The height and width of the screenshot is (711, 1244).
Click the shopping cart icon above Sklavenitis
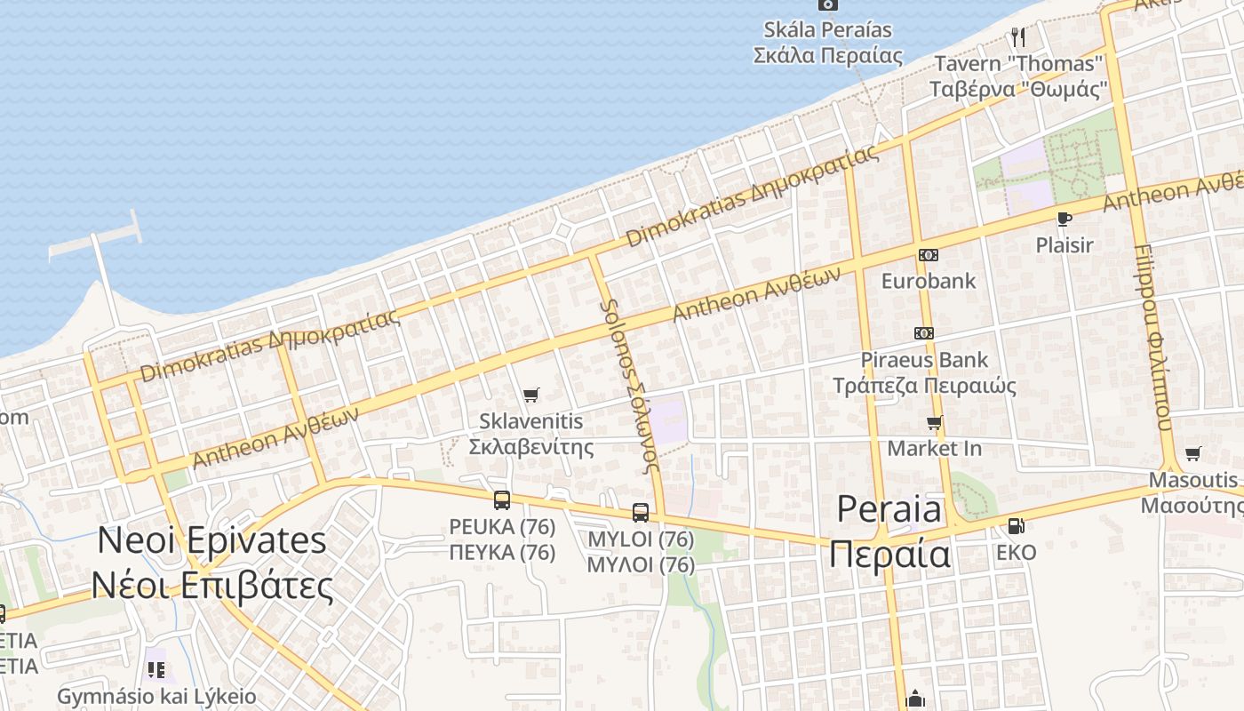531,395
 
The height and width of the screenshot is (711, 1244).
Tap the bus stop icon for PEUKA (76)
502,499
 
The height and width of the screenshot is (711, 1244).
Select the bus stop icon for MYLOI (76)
641,512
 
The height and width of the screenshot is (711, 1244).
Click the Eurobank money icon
928,255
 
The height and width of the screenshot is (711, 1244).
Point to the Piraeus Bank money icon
924,333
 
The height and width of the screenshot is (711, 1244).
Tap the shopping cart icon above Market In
934,422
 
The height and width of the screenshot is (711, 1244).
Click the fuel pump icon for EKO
1016,526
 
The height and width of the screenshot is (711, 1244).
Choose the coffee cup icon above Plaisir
1064,219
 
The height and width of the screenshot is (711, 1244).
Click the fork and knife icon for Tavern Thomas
1018,37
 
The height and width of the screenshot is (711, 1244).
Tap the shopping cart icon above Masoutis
1192,454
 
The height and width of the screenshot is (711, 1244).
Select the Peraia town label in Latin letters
889,509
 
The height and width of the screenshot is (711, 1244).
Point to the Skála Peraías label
827,30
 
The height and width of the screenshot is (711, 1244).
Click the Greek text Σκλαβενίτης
531,446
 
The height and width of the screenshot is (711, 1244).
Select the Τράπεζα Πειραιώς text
924,386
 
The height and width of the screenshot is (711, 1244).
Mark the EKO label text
1016,553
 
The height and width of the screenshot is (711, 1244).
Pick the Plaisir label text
1064,244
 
